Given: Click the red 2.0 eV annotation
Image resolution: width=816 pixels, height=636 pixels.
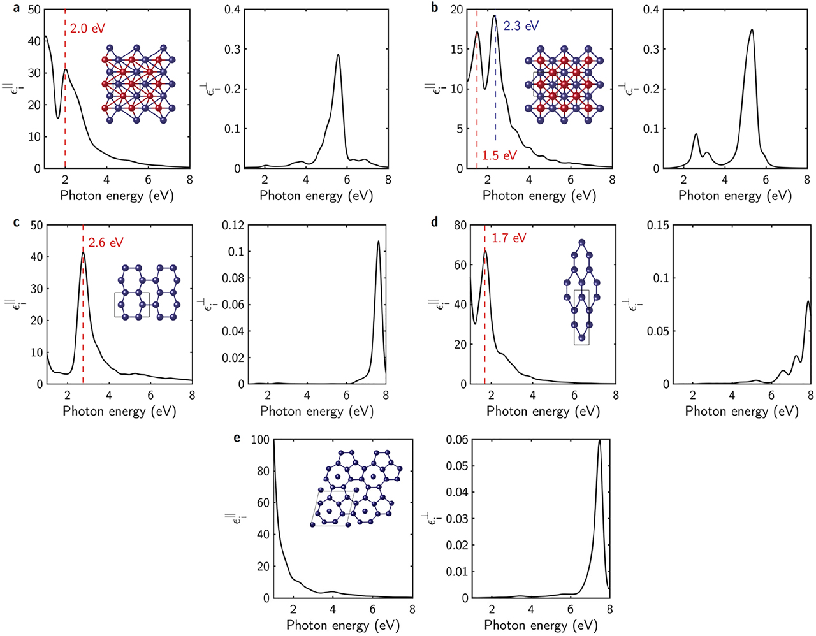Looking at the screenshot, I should (87, 29).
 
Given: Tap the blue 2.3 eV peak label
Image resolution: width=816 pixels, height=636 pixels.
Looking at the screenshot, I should (521, 26).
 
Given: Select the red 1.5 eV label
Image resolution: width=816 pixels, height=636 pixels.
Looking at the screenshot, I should (499, 155).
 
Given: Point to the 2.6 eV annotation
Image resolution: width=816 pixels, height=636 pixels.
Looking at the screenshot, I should (105, 243).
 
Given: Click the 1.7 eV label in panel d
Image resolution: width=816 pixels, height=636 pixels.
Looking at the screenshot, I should (509, 238).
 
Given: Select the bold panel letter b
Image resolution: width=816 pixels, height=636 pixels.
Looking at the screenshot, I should (435, 8).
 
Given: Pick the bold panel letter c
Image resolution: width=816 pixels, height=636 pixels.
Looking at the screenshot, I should (16, 222).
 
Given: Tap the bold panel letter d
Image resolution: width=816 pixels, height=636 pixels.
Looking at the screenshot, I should (435, 222).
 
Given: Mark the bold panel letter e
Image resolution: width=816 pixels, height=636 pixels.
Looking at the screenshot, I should (237, 438).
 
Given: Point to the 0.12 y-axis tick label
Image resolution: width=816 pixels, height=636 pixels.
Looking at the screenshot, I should (231, 225).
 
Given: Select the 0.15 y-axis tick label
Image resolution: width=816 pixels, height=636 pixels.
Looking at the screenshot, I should (658, 225).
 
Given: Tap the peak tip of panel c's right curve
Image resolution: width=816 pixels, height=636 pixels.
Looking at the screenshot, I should (379, 241).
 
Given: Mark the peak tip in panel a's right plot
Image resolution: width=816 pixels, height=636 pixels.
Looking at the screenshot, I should (338, 55).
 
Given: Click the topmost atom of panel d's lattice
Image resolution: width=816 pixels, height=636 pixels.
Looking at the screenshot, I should (581, 242).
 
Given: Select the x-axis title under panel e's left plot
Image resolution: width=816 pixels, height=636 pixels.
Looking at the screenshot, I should (343, 625).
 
